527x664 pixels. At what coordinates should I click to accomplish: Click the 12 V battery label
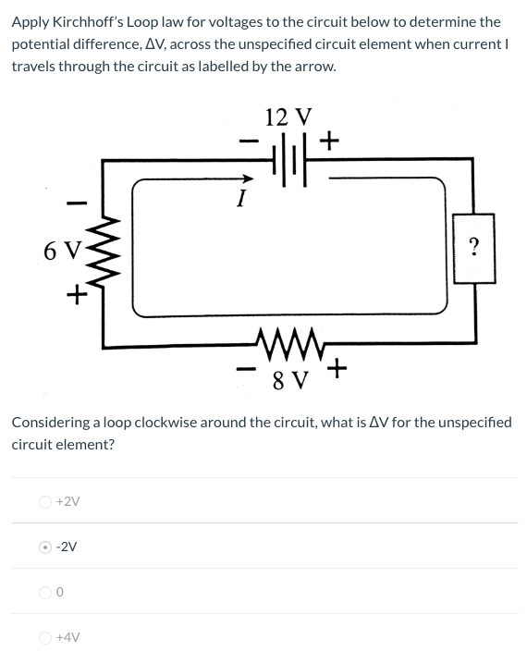tap(288, 117)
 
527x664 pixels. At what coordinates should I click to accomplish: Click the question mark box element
tap(474, 247)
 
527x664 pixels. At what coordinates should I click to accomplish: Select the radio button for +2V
tap(45, 501)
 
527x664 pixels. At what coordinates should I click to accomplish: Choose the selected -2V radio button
tap(45, 547)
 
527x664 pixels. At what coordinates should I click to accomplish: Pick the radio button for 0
tap(45, 592)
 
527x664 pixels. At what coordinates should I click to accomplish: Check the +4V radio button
tap(45, 637)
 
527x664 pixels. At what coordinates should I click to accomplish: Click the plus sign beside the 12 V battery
tap(329, 141)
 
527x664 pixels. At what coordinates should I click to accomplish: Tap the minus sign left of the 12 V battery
tap(245, 143)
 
